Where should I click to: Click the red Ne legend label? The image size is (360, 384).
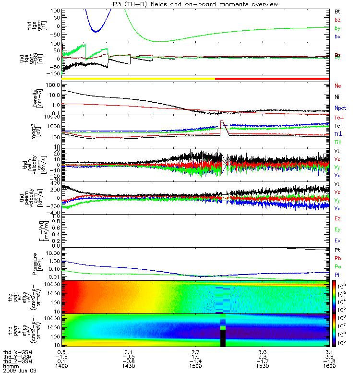tap(337, 86)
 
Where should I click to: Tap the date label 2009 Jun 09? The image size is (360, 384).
tap(19, 371)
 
